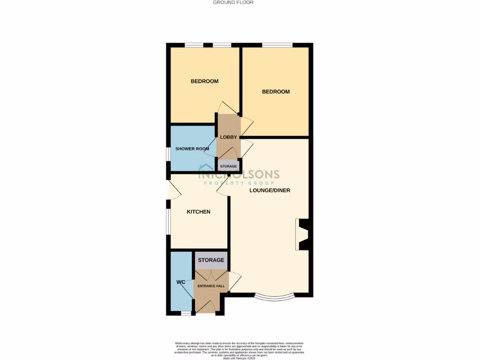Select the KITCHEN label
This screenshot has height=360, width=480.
pyautogui.click(x=198, y=212)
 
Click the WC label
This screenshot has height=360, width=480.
pyautogui.click(x=181, y=282)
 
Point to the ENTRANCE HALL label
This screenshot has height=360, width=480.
pyautogui.click(x=210, y=286)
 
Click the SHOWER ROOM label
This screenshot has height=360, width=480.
pyautogui.click(x=192, y=149)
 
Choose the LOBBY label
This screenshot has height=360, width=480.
pyautogui.click(x=228, y=137)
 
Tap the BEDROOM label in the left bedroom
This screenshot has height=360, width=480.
pyautogui.click(x=204, y=82)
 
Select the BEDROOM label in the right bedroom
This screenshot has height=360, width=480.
pyautogui.click(x=275, y=92)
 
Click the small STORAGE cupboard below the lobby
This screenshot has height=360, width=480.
pyautogui.click(x=229, y=166)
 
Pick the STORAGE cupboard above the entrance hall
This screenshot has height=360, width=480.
pyautogui.click(x=210, y=260)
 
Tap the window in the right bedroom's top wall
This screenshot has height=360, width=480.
pyautogui.click(x=277, y=45)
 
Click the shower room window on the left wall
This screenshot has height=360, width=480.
pyautogui.click(x=168, y=155)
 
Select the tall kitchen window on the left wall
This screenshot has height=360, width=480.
pyautogui.click(x=168, y=220)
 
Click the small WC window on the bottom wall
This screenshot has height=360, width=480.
pyautogui.click(x=186, y=313)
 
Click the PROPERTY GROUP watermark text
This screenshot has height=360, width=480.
pyautogui.click(x=239, y=183)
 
